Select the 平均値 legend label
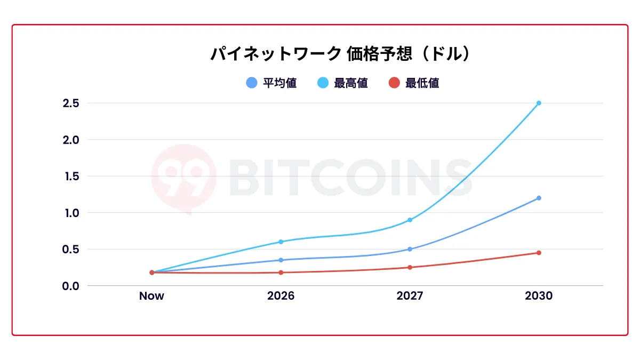[280, 83]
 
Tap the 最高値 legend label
[351, 83]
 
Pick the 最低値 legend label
[422, 83]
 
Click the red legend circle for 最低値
[394, 83]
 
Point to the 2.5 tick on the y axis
[70, 103]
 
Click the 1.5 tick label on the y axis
[70, 176]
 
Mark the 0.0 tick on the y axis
[70, 286]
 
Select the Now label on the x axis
[151, 296]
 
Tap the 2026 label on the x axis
[281, 296]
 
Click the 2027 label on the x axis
[410, 296]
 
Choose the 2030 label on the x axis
[539, 296]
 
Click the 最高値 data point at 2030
[539, 103]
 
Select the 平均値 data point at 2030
[539, 198]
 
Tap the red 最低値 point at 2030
[539, 253]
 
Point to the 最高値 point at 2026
[281, 242]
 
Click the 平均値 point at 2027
[410, 249]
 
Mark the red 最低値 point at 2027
[410, 267]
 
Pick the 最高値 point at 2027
[410, 220]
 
